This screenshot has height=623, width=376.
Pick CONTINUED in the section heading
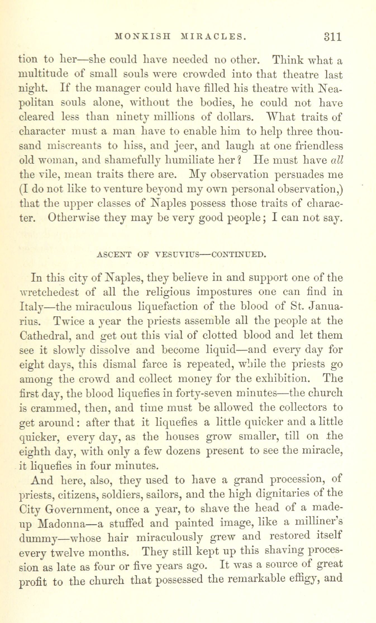237,254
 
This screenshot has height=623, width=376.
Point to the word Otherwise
74,218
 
